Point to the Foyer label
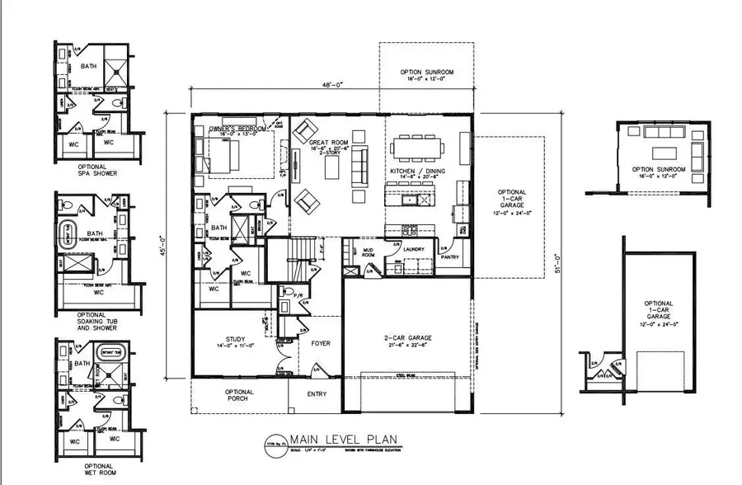[320, 343]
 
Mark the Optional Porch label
[239, 395]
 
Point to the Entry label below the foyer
[317, 393]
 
